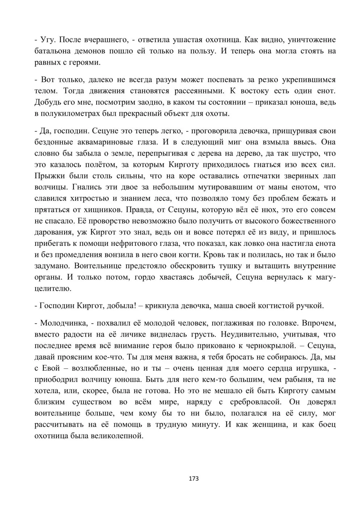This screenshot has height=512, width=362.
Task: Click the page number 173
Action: (194, 478)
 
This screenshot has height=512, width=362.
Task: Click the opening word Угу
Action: (48, 39)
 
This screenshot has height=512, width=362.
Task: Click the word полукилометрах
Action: (73, 113)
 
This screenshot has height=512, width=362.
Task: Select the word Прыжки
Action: (49, 176)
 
